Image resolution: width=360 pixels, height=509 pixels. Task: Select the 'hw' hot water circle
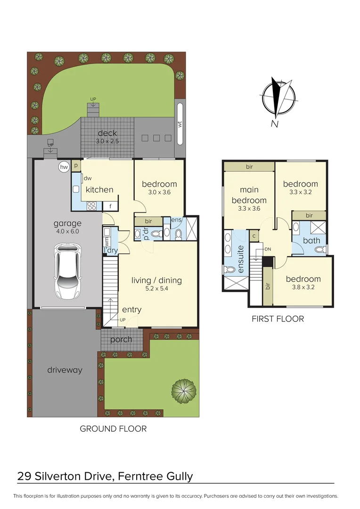[x=64, y=167]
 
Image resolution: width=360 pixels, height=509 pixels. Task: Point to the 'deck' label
[x=107, y=133]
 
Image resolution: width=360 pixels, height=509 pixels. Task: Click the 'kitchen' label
[x=99, y=189]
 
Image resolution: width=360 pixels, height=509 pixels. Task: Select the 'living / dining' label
[x=156, y=280]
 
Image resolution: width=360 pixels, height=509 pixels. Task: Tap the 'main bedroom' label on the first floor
[x=249, y=195]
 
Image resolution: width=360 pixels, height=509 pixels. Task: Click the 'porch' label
[x=121, y=339]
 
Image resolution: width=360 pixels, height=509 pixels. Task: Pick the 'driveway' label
[x=65, y=370]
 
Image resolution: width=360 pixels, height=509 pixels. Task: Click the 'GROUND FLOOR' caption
[x=113, y=429]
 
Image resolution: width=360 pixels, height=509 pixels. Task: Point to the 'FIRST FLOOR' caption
[x=278, y=319]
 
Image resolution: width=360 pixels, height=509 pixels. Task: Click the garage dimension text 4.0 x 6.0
[x=67, y=231]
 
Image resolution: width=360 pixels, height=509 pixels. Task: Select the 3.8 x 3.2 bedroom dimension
[x=303, y=287]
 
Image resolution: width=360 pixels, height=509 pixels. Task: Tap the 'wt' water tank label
[x=180, y=124]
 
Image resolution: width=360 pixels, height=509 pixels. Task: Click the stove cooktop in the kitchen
[x=91, y=205]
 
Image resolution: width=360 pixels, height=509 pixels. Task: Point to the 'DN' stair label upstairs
[x=268, y=249]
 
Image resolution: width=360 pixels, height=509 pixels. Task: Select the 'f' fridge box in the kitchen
[x=110, y=206]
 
